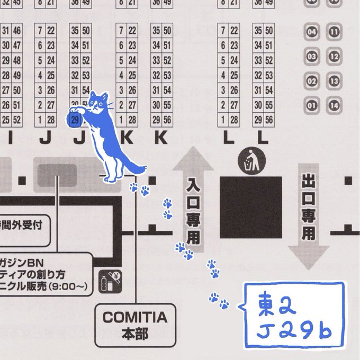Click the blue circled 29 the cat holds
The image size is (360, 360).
[75, 119]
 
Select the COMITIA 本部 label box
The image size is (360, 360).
[135, 325]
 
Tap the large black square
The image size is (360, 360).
[251, 208]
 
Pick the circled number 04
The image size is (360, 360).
[312, 33]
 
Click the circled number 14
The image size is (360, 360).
[334, 106]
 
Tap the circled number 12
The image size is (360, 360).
[334, 57]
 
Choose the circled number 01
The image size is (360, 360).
[312, 106]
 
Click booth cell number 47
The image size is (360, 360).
[17, 45]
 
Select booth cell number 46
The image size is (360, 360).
[17, 30]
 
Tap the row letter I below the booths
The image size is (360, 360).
[10, 139]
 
